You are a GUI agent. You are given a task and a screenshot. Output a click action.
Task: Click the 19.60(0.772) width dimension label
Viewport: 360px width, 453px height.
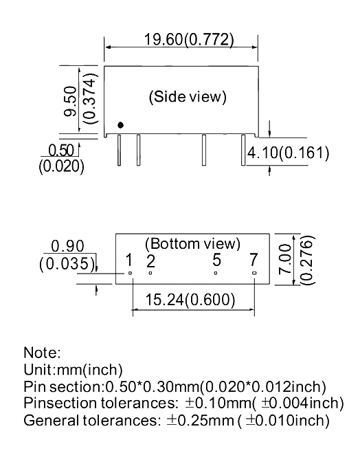[189, 39]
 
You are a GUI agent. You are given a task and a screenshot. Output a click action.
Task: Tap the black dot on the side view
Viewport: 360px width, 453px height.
[121, 125]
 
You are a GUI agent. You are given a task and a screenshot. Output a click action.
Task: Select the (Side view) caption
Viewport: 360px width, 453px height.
[188, 96]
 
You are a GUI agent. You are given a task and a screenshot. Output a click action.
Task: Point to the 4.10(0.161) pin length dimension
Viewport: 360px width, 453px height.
[288, 153]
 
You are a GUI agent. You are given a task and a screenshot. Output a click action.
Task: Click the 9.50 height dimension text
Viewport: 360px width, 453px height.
[70, 102]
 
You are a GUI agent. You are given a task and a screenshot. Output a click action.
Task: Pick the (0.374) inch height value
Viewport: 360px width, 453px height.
[89, 98]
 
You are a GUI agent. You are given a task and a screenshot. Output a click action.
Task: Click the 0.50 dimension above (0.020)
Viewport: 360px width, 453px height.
[61, 151]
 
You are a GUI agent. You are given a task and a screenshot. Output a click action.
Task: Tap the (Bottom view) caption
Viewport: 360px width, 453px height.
[192, 243]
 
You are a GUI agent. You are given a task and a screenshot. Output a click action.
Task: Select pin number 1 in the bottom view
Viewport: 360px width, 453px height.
[129, 260]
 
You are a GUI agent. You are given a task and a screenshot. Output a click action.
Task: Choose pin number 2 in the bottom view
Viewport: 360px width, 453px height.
[150, 261]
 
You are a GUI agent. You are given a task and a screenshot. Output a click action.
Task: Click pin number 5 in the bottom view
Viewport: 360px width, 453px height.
[217, 260]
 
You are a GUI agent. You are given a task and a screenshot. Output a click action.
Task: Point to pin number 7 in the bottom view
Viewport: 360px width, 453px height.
[254, 259]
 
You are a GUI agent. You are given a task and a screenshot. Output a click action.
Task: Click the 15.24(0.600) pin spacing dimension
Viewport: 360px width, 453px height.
[190, 299]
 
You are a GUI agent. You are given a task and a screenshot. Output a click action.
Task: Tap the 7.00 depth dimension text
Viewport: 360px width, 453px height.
[285, 259]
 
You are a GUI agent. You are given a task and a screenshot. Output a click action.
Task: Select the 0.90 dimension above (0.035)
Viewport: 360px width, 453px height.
[67, 246]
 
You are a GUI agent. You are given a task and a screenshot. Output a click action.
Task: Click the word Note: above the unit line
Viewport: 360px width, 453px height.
[42, 353]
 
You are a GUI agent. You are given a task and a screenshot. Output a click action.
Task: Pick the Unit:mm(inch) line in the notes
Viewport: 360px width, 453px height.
[73, 370]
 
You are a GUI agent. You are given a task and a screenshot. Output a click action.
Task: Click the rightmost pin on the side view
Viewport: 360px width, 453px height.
[243, 150]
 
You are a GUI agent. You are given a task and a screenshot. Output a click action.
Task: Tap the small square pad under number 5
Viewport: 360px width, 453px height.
[216, 273]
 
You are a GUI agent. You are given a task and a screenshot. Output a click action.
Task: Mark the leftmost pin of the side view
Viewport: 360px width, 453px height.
[119, 150]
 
